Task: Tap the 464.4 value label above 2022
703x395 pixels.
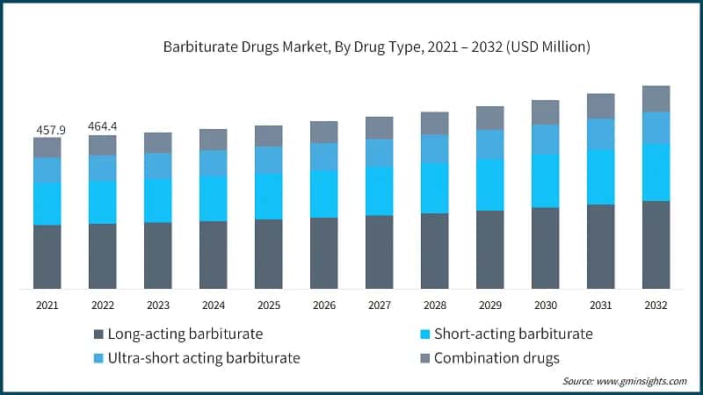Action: point(102,126)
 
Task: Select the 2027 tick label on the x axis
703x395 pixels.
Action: point(379,305)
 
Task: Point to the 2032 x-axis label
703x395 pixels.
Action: point(656,305)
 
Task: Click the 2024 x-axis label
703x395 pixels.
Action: point(213,305)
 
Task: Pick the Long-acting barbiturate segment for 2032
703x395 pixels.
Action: point(656,245)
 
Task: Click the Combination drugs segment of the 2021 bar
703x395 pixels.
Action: point(47,147)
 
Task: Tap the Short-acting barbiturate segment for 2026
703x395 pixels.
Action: point(323,194)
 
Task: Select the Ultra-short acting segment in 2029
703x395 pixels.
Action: point(489,144)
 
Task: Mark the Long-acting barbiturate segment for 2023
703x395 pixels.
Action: point(157,255)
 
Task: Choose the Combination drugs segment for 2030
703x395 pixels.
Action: point(545,112)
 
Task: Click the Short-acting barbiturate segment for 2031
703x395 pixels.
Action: point(600,176)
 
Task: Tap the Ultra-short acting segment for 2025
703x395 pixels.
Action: point(268,160)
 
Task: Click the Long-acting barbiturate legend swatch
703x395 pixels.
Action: point(98,334)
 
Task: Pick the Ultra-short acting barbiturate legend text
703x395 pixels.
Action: point(203,357)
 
